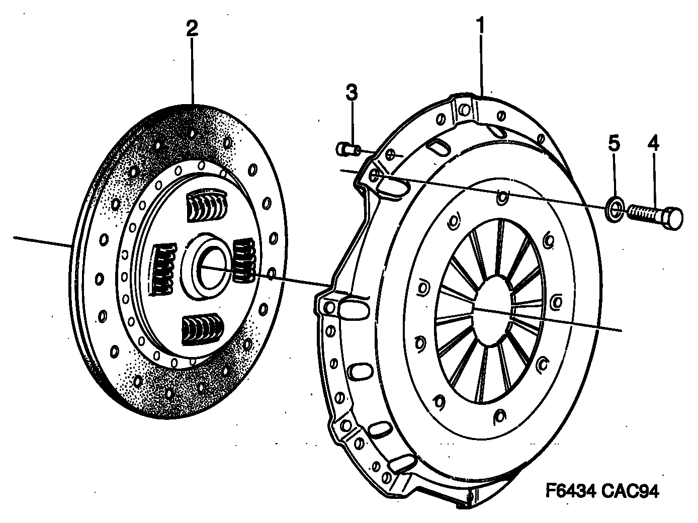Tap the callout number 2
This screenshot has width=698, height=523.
point(192,29)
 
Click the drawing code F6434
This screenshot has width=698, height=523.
point(570,491)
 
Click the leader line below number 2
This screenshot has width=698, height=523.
point(192,70)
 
